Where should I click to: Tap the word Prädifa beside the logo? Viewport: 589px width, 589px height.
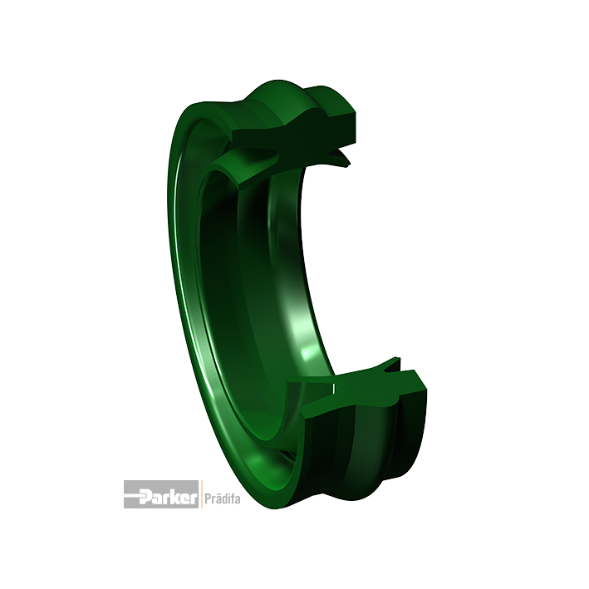[223, 498]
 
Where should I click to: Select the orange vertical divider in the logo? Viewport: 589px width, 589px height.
[202, 494]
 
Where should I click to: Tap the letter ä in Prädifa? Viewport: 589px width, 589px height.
[217, 498]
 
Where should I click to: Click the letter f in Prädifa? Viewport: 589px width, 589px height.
[232, 498]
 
